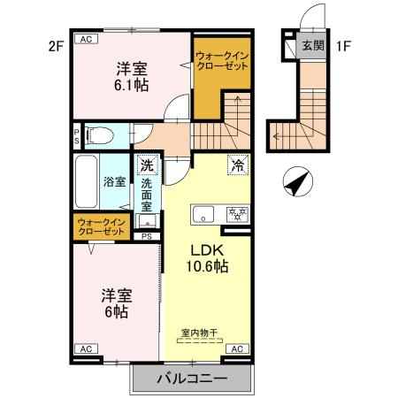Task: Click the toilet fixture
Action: tap(103, 136)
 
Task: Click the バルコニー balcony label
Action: tap(192, 379)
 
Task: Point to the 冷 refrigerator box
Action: tap(236, 165)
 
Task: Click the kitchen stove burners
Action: tap(236, 213)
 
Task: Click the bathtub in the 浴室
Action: tap(87, 181)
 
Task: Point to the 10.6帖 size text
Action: tap(207, 265)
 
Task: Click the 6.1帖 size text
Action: tap(129, 85)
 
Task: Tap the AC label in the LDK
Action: tap(236, 349)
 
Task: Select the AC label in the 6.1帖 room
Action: tap(87, 40)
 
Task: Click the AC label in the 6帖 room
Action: tap(87, 349)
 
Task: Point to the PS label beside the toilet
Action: tap(77, 136)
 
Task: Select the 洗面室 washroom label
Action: tap(147, 195)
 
